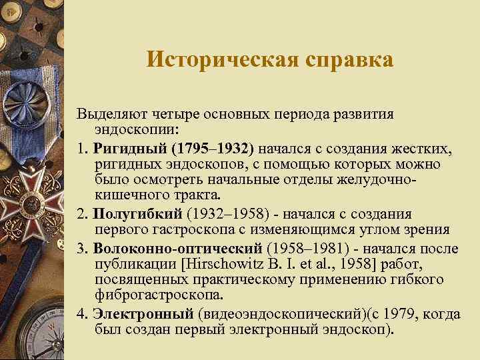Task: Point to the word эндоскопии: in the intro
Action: [133, 127]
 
